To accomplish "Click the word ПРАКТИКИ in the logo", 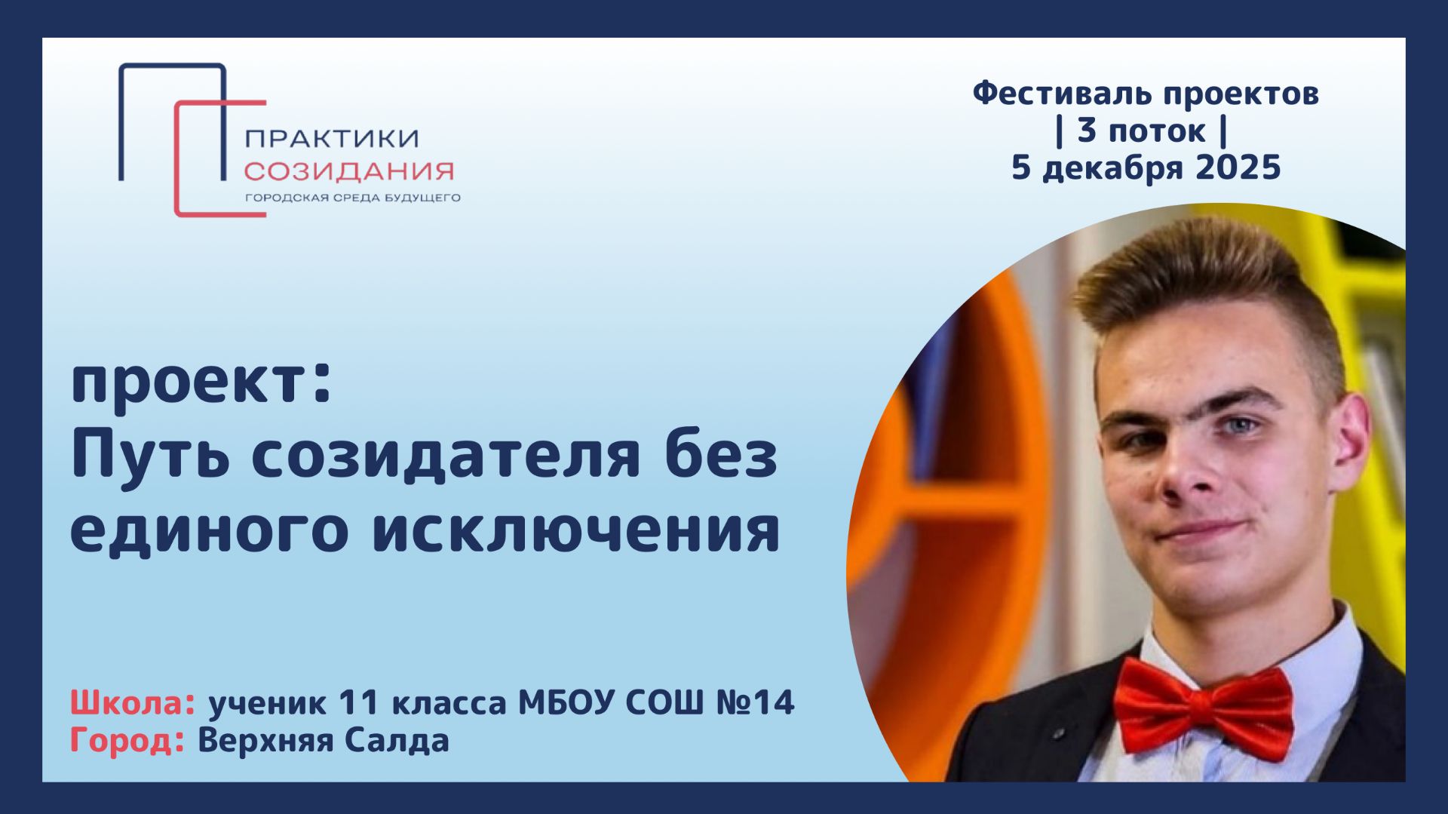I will (x=332, y=139).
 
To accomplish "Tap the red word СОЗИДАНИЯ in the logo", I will (x=348, y=172).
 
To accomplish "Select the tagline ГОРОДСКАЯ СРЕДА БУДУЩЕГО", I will (x=352, y=198).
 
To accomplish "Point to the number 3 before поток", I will (x=1086, y=131).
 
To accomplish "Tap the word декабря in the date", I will (x=1115, y=167).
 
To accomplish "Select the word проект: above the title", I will (x=201, y=383).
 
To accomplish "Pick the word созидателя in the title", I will (x=446, y=456).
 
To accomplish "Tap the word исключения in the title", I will (x=576, y=530).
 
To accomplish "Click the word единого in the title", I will (x=207, y=530).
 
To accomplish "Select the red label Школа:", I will (x=133, y=703).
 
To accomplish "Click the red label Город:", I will (x=127, y=741).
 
